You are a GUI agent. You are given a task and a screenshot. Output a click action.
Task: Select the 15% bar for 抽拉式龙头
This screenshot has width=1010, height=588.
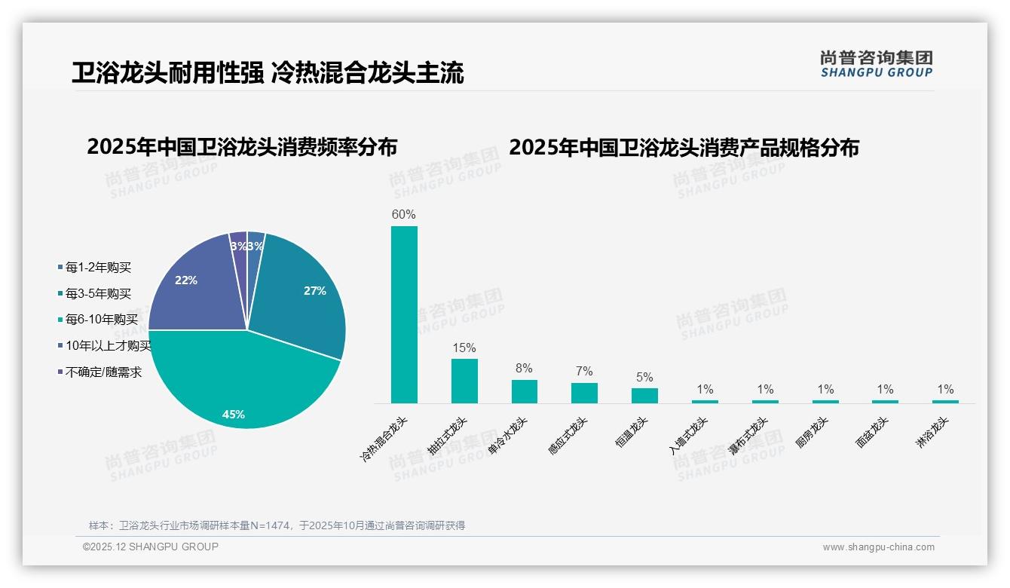coord(464,381)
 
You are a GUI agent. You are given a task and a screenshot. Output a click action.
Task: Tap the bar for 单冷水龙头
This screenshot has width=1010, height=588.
coord(524,391)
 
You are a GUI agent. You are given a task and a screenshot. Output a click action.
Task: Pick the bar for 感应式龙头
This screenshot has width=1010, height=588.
coord(584,393)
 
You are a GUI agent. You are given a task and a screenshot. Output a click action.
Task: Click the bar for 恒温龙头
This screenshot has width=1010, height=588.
coord(644,396)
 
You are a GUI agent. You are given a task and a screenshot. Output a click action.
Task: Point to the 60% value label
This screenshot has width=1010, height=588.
coord(404,214)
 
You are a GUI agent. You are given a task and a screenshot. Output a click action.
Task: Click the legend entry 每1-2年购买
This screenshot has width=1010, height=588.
coord(99,267)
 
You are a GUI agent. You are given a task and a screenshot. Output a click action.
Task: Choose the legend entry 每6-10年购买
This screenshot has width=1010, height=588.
coord(102,320)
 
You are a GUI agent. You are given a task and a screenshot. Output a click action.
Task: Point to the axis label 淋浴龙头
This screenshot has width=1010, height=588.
coord(932,433)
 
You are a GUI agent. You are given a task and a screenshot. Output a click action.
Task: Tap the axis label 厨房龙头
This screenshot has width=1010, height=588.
coord(813,433)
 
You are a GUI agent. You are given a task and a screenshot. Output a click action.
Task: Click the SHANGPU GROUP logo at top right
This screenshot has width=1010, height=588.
coord(876,63)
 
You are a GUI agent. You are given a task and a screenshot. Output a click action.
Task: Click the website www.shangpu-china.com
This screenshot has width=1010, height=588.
coord(878,547)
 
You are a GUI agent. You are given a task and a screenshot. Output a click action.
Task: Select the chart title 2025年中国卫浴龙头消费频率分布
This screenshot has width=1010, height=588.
coord(242,146)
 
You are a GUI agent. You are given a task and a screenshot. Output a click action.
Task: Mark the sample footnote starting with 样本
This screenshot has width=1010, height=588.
coord(277,525)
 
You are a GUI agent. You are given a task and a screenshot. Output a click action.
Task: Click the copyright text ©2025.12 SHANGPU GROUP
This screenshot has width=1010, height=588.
coord(151,547)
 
